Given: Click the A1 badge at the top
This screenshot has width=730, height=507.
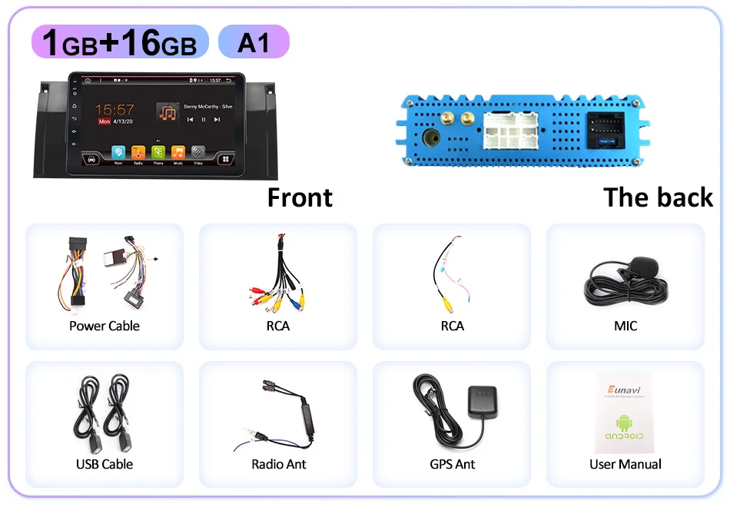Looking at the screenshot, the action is point(254,42).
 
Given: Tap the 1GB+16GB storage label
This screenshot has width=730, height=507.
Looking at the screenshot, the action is point(120,42).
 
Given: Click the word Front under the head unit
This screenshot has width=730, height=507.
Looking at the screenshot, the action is point(300,197).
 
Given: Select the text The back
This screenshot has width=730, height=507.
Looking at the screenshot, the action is point(658,197).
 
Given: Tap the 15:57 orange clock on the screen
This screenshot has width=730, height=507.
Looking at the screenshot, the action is point(114,110).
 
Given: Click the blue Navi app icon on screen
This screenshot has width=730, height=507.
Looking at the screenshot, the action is point(118,152).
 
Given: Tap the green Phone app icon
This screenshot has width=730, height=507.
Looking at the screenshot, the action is point(158,152).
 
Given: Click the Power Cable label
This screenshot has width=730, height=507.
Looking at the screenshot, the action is point(105,326).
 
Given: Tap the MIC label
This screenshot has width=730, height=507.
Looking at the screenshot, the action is point(625,326).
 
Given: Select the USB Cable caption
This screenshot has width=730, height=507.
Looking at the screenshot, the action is point(105,464).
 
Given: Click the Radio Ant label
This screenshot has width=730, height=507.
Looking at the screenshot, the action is point(278,464).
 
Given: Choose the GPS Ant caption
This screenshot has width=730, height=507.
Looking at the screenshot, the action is point(452,464).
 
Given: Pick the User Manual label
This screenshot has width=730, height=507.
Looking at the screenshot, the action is point(625,464).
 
